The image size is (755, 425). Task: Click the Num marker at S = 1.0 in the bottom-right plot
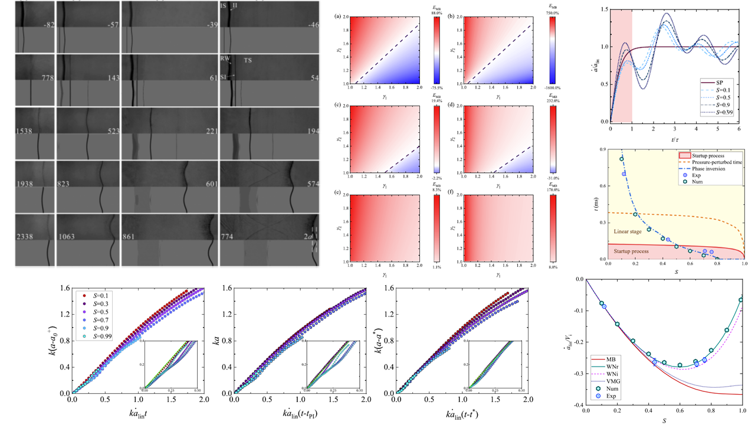[x=741, y=300]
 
